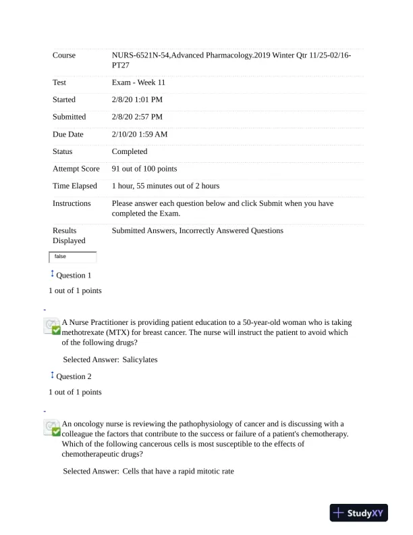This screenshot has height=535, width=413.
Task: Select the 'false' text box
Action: [73, 257]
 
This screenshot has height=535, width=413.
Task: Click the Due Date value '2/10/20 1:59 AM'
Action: [140, 134]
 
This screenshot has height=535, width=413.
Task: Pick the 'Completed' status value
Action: [130, 152]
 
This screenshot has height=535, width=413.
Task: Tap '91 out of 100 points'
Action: [144, 169]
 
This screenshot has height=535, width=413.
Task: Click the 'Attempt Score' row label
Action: [76, 169]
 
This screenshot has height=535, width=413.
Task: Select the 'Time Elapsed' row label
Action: [75, 186]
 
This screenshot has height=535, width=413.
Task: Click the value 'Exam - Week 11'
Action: [138, 82]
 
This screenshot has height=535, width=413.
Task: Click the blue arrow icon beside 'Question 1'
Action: [52, 274]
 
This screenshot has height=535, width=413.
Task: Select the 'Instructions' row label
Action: [72, 203]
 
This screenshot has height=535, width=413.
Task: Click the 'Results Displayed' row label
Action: [70, 236]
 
